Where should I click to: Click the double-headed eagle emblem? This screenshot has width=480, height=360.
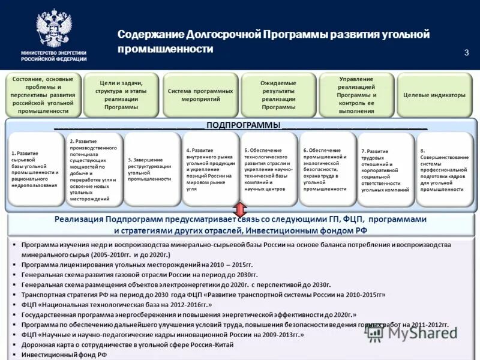[53, 28]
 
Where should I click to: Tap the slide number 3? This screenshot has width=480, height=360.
[466, 53]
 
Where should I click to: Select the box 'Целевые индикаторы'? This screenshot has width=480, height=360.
[434, 95]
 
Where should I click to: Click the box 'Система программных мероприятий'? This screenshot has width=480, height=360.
[200, 95]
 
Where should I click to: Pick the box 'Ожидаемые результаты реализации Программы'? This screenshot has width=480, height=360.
[278, 95]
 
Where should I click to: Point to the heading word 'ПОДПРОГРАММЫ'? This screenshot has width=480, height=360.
[243, 125]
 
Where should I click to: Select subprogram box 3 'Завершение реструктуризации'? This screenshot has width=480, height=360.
[151, 170]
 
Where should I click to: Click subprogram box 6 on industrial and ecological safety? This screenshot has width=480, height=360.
[327, 170]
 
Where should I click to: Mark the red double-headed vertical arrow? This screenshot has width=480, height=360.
[239, 211]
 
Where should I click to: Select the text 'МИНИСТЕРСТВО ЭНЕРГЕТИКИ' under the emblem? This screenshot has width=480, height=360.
[53, 53]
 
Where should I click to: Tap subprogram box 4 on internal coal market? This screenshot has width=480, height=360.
[210, 170]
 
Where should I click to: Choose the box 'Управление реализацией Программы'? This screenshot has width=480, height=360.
[356, 95]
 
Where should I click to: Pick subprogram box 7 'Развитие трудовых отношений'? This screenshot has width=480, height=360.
[385, 170]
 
